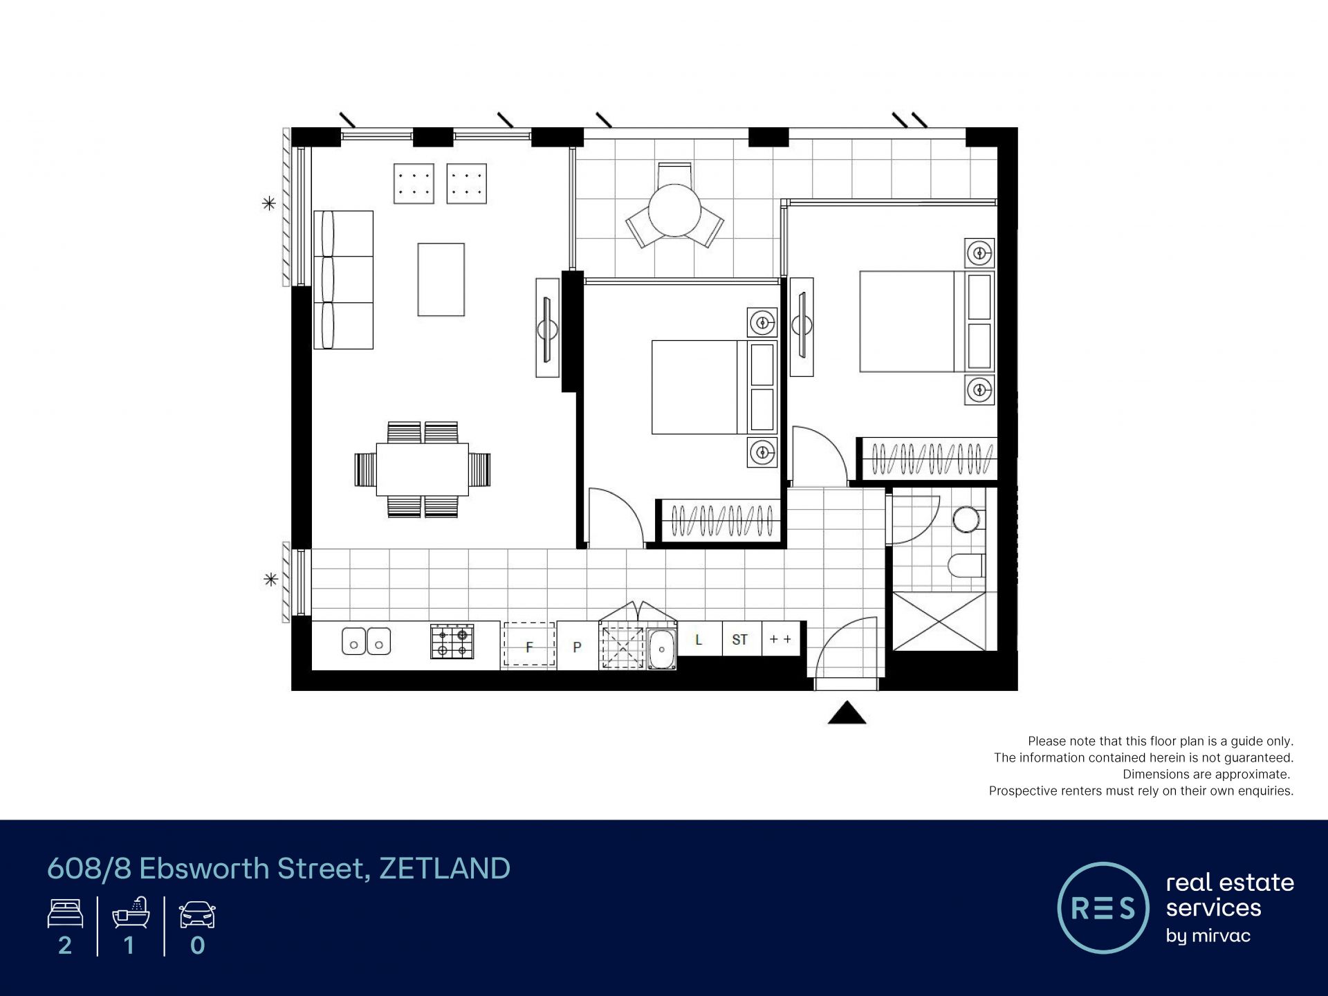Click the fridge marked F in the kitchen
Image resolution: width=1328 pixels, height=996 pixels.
pyautogui.click(x=529, y=645)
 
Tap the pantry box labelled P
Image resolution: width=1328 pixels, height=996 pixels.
pyautogui.click(x=578, y=646)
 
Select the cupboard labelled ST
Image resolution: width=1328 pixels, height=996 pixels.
pyautogui.click(x=740, y=638)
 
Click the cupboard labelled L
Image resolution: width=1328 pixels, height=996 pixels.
pyautogui.click(x=699, y=638)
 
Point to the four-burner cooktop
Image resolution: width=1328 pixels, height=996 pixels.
pyautogui.click(x=452, y=641)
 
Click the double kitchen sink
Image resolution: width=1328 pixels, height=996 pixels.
pyautogui.click(x=367, y=641)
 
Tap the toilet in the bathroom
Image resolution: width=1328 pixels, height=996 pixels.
pyautogui.click(x=966, y=566)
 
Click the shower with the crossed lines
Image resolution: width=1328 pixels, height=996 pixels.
pyautogui.click(x=939, y=621)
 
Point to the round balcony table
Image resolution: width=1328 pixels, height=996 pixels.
pyautogui.click(x=675, y=211)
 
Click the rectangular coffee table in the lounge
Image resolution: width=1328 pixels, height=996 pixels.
pyautogui.click(x=441, y=279)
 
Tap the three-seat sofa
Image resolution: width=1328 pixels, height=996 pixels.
pyautogui.click(x=343, y=279)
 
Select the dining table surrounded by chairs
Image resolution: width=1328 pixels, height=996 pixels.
pyautogui.click(x=423, y=469)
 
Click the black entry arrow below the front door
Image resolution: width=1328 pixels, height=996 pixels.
pyautogui.click(x=847, y=713)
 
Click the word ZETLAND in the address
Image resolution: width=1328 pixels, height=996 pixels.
pyautogui.click(x=445, y=869)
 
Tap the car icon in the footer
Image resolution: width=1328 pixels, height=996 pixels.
pyautogui.click(x=197, y=914)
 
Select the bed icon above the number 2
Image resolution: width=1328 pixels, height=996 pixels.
pyautogui.click(x=65, y=914)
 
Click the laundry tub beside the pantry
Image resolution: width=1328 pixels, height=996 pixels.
pyautogui.click(x=661, y=649)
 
